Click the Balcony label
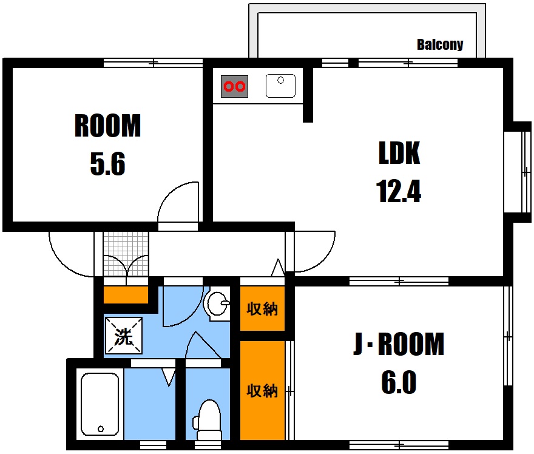point(440,45)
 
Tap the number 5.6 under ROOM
point(107,164)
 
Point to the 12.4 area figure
point(399,191)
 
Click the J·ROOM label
point(399,344)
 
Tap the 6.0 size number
point(399,382)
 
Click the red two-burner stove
point(234,86)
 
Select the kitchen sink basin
point(280,86)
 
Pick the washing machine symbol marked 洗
point(124,336)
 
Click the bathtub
point(100,404)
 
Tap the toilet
point(208,419)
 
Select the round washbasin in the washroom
point(218,303)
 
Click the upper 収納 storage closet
point(262,308)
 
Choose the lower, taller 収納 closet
point(262,390)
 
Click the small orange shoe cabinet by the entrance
point(126,294)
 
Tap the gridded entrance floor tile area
point(126,254)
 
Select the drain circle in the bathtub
point(101,429)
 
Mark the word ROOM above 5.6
point(107,126)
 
